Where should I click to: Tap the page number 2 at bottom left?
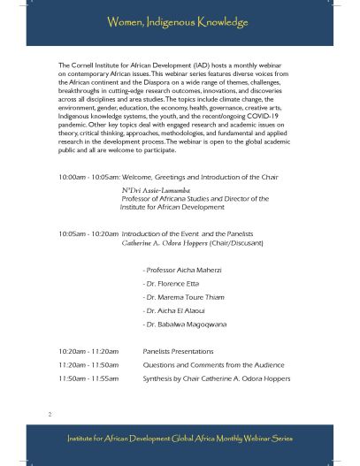coord(50,413)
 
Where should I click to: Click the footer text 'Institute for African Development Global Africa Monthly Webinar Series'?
coord(180,439)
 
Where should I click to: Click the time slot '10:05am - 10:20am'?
coord(87,233)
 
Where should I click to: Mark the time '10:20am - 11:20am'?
coord(87,351)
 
